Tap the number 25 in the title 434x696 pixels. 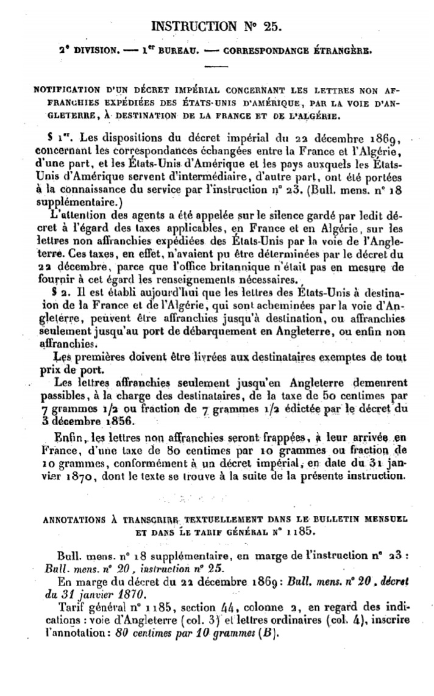tap(270, 26)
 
